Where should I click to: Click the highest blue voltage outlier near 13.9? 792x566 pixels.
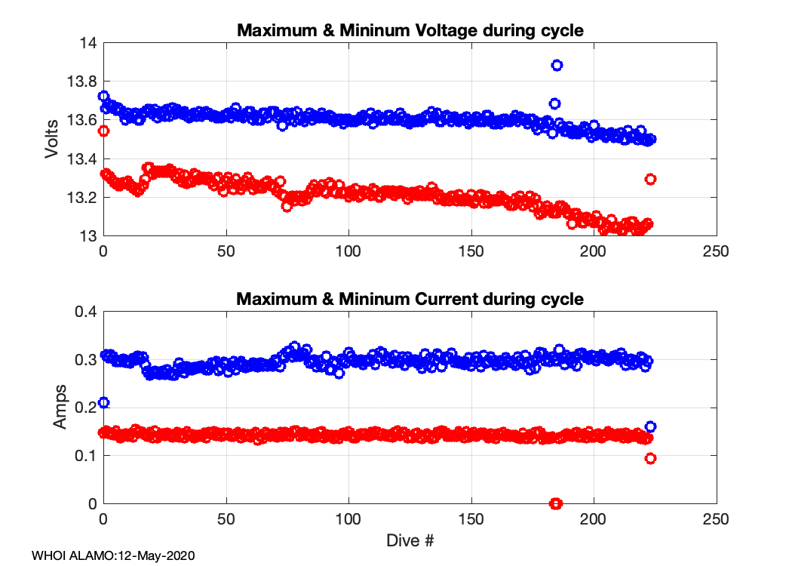[x=557, y=65]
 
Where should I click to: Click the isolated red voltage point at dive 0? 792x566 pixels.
[x=104, y=131]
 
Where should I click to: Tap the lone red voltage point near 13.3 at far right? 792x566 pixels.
[x=650, y=179]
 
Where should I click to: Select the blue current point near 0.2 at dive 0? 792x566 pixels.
[x=104, y=402]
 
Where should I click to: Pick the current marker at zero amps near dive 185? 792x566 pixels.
[x=556, y=503]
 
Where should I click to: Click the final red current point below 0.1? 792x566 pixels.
[x=650, y=458]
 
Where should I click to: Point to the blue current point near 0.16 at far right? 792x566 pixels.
[x=650, y=426]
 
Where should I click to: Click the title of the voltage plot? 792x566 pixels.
[x=410, y=31]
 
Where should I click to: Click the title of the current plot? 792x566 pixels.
[x=410, y=299]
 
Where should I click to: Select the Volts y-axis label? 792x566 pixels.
[x=52, y=140]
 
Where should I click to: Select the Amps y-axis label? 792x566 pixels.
[x=60, y=408]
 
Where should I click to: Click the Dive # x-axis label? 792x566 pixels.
[x=410, y=540]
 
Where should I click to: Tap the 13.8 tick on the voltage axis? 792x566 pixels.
[x=83, y=82]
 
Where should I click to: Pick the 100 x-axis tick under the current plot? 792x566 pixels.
[x=348, y=519]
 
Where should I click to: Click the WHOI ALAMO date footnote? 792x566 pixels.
[x=113, y=555]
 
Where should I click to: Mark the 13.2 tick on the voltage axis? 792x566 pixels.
[x=83, y=198]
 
